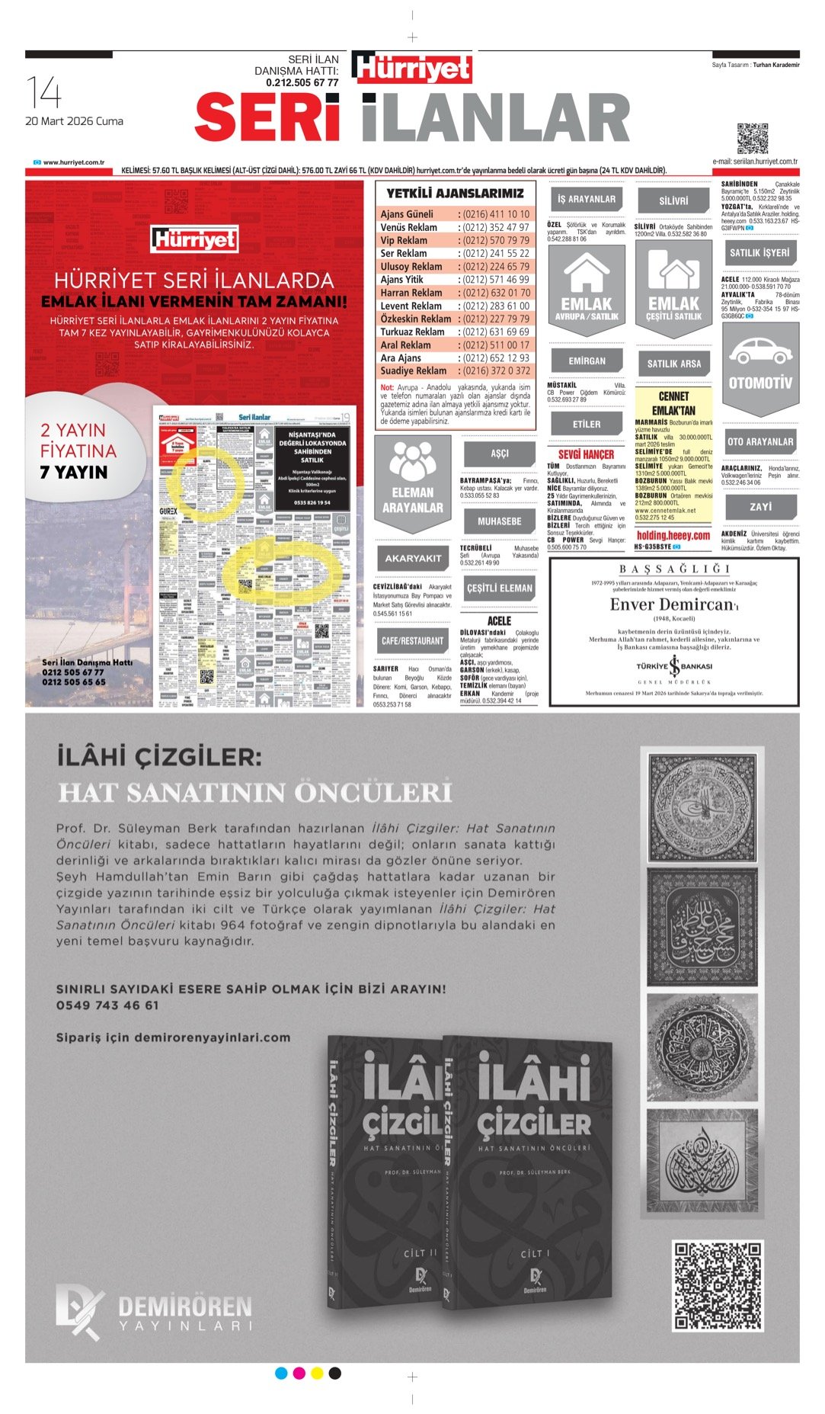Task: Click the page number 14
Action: pos(44,93)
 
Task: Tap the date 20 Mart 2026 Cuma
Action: pos(74,121)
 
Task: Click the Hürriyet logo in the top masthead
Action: pos(412,68)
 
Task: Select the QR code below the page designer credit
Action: pos(752,138)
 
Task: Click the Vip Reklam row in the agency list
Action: pos(455,240)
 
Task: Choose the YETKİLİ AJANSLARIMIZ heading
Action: pos(455,194)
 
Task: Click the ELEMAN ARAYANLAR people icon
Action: pos(412,459)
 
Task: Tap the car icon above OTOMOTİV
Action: pos(759,353)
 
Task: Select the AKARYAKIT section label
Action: pos(412,558)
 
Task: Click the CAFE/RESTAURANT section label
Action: pos(412,641)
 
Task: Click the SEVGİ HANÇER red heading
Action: pos(586,454)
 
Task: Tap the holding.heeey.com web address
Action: pos(673,536)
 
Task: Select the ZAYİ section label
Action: pos(760,506)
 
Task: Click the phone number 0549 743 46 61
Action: pos(107,1005)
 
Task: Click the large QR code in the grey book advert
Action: pos(717,1286)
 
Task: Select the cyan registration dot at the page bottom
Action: pos(281,1374)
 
